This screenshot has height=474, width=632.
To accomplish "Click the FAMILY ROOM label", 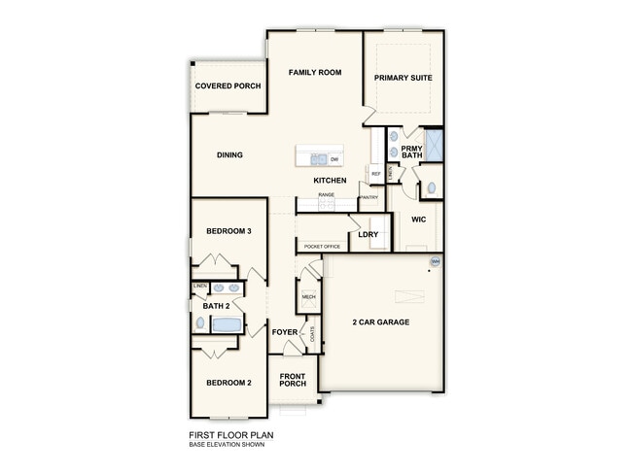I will tap(314, 73).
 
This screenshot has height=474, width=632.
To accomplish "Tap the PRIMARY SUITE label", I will tap(403, 78).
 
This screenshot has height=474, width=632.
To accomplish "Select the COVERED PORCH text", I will tap(228, 86).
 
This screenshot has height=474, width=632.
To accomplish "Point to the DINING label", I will tap(229, 155).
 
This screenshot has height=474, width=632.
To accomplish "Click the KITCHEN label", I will tap(330, 182).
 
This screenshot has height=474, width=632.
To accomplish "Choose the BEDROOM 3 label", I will tap(228, 231).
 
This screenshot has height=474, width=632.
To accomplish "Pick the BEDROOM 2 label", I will tap(228, 383).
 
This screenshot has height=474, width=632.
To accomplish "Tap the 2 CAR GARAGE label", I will tap(380, 322).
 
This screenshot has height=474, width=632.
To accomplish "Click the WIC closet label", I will tap(418, 220).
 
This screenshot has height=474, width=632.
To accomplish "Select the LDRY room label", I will tap(368, 235).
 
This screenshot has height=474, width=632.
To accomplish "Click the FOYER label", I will tap(285, 333).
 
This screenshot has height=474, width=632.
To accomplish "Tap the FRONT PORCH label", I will tap(293, 380).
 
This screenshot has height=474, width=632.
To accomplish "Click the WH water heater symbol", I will tap(435, 262).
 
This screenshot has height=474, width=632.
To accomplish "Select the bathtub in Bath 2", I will tap(226, 326).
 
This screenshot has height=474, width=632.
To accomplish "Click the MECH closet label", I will tap(309, 297).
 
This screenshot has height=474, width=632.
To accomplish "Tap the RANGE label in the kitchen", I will tap(326, 195).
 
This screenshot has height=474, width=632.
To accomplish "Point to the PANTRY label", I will tap(369, 198).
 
